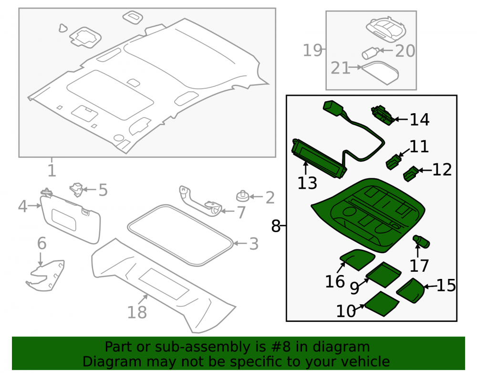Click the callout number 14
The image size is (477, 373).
point(419,119)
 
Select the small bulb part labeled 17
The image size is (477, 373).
point(421,241)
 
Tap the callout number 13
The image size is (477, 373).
point(307,183)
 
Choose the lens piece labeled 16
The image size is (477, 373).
point(357,259)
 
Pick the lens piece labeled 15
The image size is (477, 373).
point(411,290)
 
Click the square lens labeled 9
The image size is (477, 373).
point(384,274)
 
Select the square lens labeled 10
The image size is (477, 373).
point(382,304)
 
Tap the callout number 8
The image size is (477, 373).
point(276,226)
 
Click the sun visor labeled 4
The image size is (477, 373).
point(71,219)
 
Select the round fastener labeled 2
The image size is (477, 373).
point(242,196)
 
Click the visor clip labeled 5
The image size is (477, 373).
point(76,190)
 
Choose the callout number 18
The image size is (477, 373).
point(137,312)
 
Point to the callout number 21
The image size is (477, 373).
point(341,68)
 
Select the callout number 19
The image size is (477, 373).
point(312,50)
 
